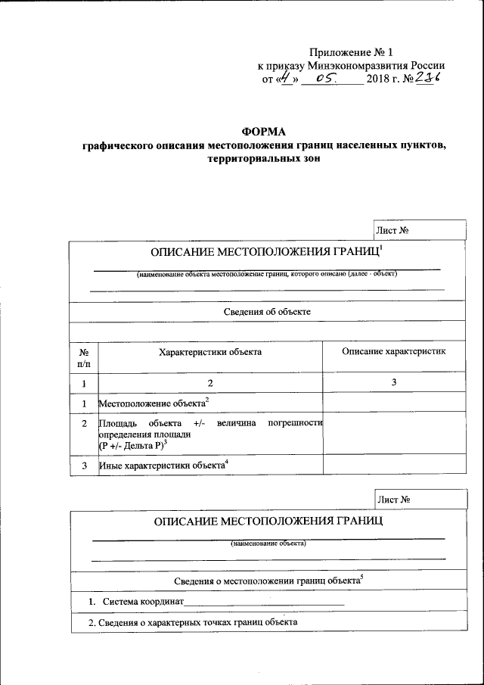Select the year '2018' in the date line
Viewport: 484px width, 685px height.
(378, 79)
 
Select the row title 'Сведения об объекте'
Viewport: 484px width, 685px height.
(267, 311)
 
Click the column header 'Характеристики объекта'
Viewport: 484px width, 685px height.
(210, 352)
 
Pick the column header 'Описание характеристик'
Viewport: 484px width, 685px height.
(394, 351)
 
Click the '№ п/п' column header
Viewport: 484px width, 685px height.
(83, 358)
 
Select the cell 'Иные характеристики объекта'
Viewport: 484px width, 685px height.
(162, 465)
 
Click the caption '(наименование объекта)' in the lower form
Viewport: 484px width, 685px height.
(268, 543)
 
